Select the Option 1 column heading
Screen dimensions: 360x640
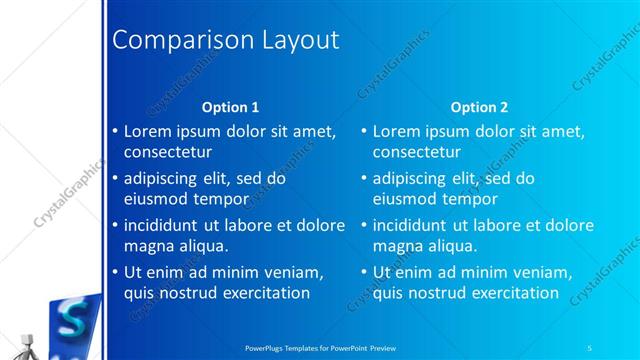pyautogui.click(x=230, y=107)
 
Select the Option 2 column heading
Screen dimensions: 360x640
pyautogui.click(x=479, y=107)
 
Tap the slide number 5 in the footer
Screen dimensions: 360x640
pyautogui.click(x=591, y=347)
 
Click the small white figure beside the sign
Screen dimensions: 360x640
pyautogui.click(x=25, y=340)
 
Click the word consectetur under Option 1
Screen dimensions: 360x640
pyautogui.click(x=167, y=152)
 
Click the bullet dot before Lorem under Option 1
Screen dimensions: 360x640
pyautogui.click(x=114, y=132)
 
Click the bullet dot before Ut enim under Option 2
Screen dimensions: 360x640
pyautogui.click(x=364, y=272)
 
